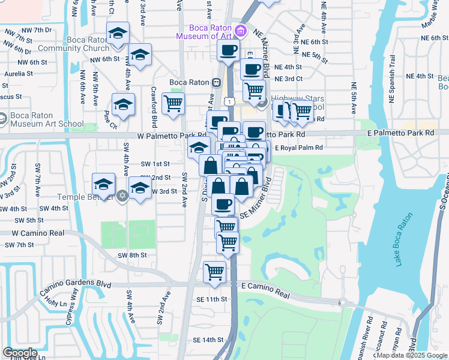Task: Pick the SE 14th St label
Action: point(208,340)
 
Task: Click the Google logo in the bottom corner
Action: point(20,353)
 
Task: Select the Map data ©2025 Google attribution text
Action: point(412,355)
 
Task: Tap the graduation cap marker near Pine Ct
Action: point(123,105)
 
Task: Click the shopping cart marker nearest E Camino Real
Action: point(214,271)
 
